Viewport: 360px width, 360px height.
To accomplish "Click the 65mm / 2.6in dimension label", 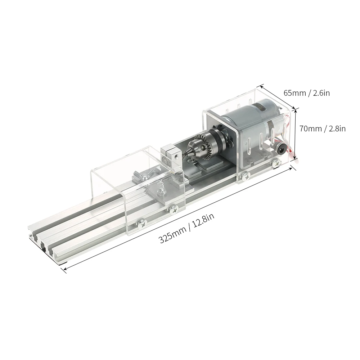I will [x=306, y=93].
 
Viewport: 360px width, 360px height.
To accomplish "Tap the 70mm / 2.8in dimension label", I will [x=322, y=128].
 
